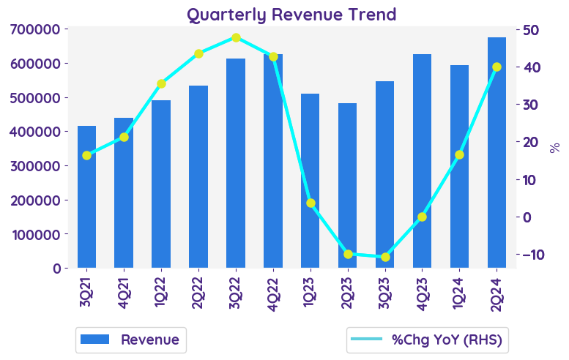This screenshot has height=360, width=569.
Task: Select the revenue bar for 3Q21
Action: [86, 197]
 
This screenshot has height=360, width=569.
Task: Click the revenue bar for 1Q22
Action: [161, 184]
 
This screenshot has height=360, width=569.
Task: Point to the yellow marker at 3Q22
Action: [236, 37]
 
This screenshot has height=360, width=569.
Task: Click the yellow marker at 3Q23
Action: [385, 257]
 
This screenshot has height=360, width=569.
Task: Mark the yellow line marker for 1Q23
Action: [310, 203]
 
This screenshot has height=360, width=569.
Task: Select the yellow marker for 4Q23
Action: [422, 217]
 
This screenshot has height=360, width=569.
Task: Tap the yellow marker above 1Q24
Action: [459, 154]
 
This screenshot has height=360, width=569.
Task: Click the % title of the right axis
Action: [554, 147]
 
